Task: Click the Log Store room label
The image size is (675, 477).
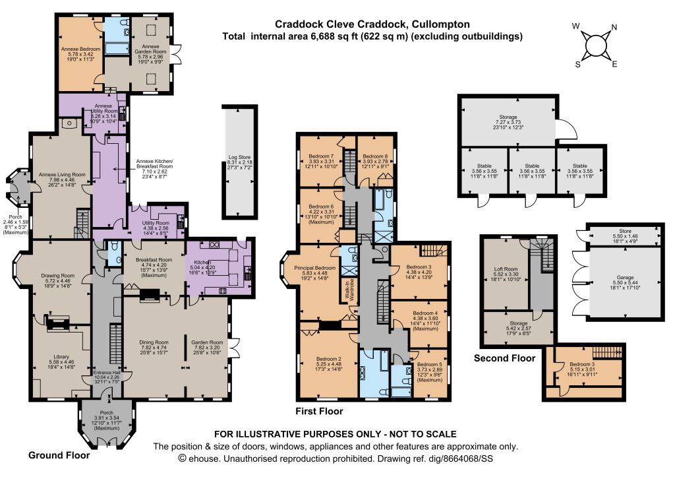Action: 239,157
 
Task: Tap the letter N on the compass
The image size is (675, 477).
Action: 614,27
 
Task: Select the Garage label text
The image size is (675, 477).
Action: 625,278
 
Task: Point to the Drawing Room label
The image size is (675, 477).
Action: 58,275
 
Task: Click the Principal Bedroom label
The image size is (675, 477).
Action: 314,268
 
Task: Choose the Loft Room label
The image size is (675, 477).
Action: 506,269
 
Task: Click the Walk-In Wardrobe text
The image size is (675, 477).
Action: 349,290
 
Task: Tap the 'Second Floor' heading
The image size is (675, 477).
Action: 504,358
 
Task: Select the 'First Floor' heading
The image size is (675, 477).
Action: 319,411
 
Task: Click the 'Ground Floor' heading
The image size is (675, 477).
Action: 59,455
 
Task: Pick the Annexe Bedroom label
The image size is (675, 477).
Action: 80,49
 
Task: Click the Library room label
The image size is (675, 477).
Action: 61,357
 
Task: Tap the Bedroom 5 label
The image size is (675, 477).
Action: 430,365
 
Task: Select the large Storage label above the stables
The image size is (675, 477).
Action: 508,117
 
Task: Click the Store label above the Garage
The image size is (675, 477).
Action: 625,232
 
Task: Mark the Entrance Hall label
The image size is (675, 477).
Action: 107,372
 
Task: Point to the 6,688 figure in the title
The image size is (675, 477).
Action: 323,36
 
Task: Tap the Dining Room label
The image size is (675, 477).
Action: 154,342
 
